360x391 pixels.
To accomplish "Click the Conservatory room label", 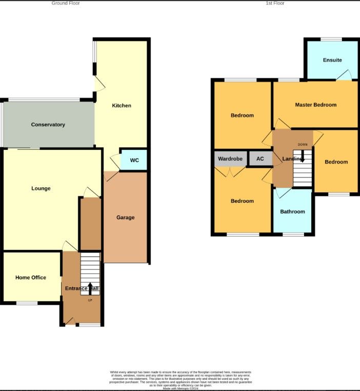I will click(x=48, y=125).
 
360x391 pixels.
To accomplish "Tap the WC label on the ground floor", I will click(x=134, y=160).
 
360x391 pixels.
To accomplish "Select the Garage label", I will click(x=125, y=218).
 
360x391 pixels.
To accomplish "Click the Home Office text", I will click(x=31, y=278).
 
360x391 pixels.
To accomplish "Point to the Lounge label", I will click(x=41, y=188).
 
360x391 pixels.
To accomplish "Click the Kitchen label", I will click(x=122, y=106).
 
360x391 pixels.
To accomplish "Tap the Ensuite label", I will click(x=332, y=60).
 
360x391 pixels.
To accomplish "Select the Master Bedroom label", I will click(x=315, y=105).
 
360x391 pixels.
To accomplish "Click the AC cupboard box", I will click(x=260, y=159).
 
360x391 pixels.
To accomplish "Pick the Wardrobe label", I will click(x=230, y=159).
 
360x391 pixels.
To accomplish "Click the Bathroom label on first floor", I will click(x=292, y=211).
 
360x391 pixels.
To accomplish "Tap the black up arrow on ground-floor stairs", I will click(x=90, y=288).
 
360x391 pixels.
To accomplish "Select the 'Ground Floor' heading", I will click(x=66, y=3).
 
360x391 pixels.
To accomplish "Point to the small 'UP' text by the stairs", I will click(x=90, y=300).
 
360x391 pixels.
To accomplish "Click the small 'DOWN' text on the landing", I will click(x=303, y=145).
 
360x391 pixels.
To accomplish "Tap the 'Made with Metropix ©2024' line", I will click(x=181, y=388).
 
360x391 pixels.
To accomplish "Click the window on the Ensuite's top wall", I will click(x=331, y=39).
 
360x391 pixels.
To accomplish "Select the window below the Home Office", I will click(x=27, y=303).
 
